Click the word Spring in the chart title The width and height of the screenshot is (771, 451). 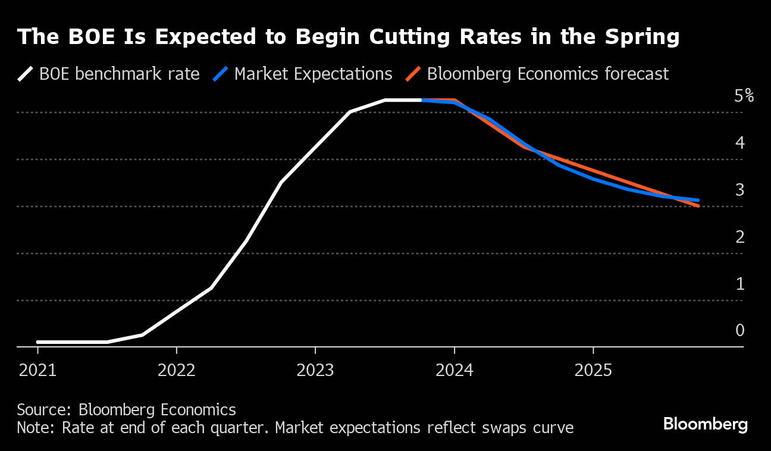(642, 37)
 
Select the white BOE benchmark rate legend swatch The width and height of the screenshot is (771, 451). (26, 74)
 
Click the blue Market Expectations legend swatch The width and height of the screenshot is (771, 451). (221, 74)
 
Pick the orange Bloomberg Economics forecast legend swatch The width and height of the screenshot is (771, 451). (414, 74)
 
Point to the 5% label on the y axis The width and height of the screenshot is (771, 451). (744, 96)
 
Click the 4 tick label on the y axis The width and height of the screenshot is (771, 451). (739, 143)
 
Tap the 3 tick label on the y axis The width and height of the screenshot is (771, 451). (739, 190)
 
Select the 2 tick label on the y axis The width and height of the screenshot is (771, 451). (739, 237)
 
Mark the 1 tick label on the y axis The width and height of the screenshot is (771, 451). (739, 284)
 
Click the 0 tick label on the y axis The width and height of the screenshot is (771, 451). (739, 331)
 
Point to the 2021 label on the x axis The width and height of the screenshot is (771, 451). (37, 370)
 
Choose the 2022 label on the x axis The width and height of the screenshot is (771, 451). (177, 370)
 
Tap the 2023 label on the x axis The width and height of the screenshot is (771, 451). (315, 370)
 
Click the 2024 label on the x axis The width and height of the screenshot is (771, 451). (455, 370)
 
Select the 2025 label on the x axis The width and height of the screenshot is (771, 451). (593, 370)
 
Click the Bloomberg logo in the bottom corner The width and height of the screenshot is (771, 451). (706, 424)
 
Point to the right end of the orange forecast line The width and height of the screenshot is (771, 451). (697, 206)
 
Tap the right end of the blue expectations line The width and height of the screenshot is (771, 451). (698, 201)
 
